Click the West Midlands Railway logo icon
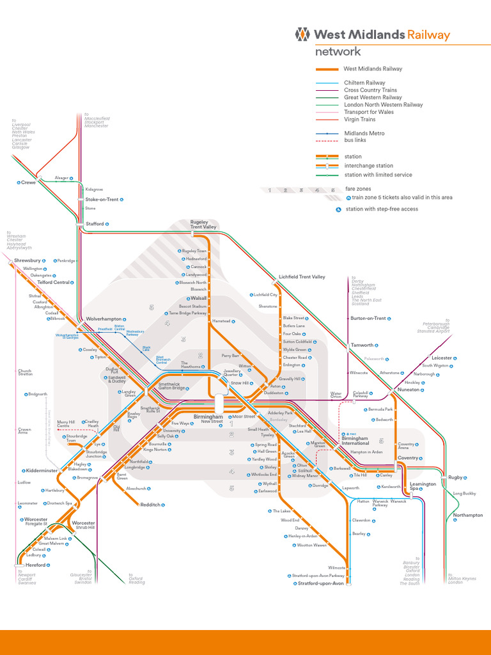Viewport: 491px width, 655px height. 303,35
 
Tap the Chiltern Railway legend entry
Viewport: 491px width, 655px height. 364,83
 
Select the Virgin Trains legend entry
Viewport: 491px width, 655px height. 359,120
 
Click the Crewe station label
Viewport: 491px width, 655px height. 28,182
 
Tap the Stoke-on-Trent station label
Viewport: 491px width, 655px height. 102,200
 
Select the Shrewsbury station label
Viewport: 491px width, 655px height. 27,261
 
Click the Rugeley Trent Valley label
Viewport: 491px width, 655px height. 203,225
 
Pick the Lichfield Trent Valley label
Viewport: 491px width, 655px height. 302,277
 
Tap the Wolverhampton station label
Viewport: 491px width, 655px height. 104,319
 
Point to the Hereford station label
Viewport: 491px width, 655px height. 36,565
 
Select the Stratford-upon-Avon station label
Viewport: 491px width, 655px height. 321,583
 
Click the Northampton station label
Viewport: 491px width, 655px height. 467,515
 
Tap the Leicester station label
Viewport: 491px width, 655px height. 441,358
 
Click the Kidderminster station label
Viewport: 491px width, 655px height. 42,470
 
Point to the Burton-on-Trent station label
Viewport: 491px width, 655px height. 369,318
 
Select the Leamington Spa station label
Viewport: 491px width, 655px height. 423,487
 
